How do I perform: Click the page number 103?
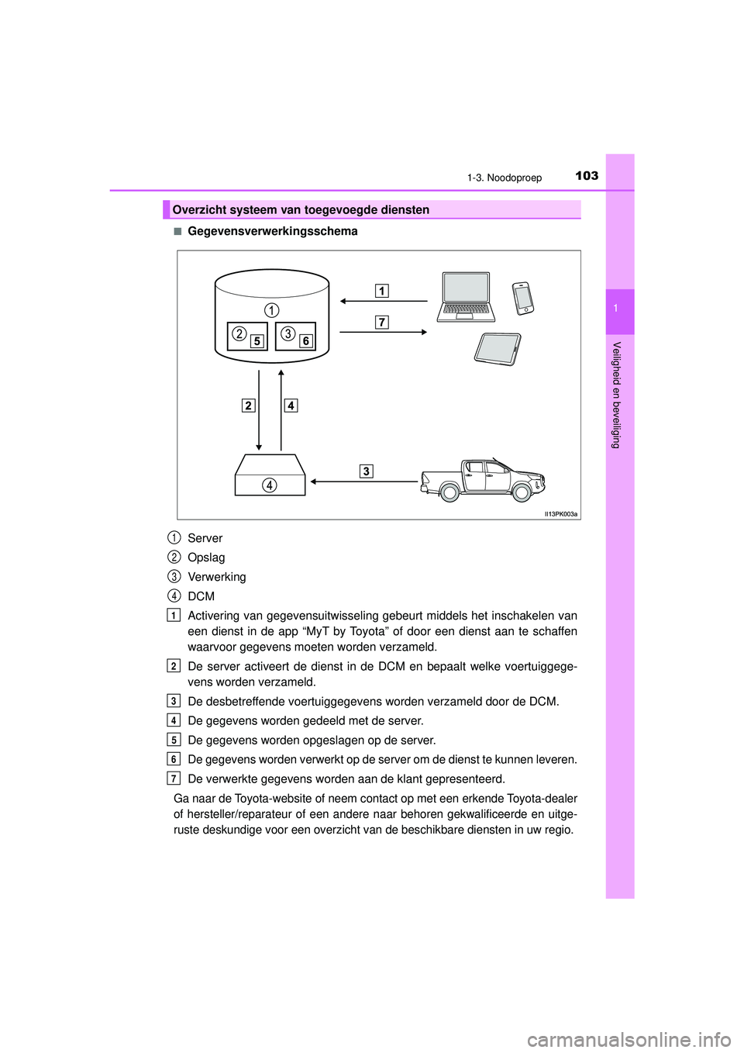click(x=587, y=176)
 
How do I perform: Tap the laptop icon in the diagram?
click(x=466, y=297)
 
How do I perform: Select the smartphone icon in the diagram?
click(x=523, y=299)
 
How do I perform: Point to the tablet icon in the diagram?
click(x=498, y=349)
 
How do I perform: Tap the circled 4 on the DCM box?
click(x=269, y=485)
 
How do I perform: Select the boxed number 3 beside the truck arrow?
click(x=366, y=471)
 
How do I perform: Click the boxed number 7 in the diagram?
click(x=381, y=322)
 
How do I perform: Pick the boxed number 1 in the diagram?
click(x=381, y=291)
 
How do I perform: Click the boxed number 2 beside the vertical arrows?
click(x=248, y=405)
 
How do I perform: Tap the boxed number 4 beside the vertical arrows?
click(x=291, y=405)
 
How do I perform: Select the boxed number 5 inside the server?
click(x=257, y=341)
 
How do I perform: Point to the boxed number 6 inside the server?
click(x=305, y=341)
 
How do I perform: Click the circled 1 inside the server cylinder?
click(x=271, y=310)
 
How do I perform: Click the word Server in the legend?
click(x=205, y=538)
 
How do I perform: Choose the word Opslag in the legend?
click(x=206, y=558)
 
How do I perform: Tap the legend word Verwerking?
click(x=217, y=577)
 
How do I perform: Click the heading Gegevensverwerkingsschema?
click(x=272, y=231)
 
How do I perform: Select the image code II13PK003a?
click(x=560, y=514)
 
